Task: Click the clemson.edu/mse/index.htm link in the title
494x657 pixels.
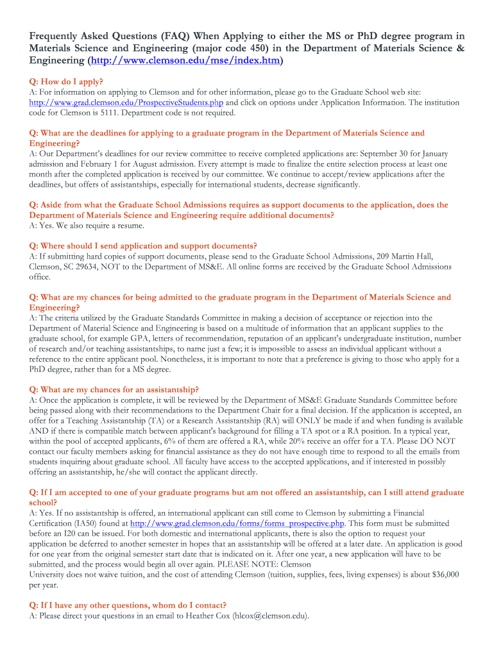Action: tap(185, 62)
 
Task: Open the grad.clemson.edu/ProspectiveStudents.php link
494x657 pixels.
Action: tap(126, 103)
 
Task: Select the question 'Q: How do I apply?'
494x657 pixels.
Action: tap(66, 82)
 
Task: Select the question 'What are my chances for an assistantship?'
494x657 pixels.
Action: tap(114, 389)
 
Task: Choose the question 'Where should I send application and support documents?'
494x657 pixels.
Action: tap(143, 246)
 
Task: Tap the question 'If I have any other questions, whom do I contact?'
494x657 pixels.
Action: tap(128, 605)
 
